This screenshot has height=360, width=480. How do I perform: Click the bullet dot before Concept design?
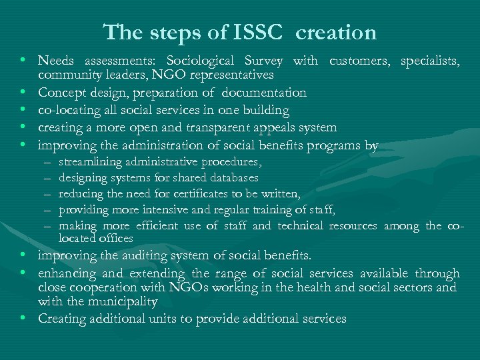[23, 93]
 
